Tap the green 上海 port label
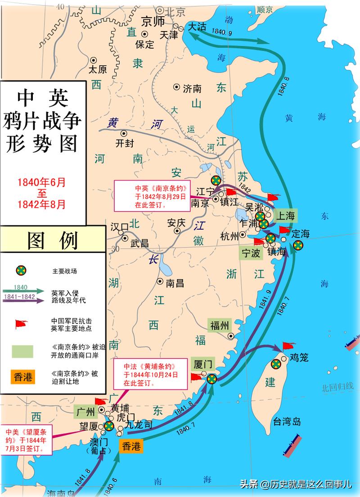tap(284, 216)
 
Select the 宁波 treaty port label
tap(251, 253)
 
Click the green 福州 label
tap(220, 325)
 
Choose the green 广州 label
tap(85, 411)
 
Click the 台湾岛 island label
tap(287, 422)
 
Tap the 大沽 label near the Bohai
tap(197, 27)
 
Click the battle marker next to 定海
tap(297, 245)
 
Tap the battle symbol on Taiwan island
tap(276, 364)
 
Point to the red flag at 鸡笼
tap(288, 346)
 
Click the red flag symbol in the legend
tap(21, 324)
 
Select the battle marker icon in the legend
tap(21, 271)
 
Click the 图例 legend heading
tap(53, 241)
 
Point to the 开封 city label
tap(123, 144)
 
